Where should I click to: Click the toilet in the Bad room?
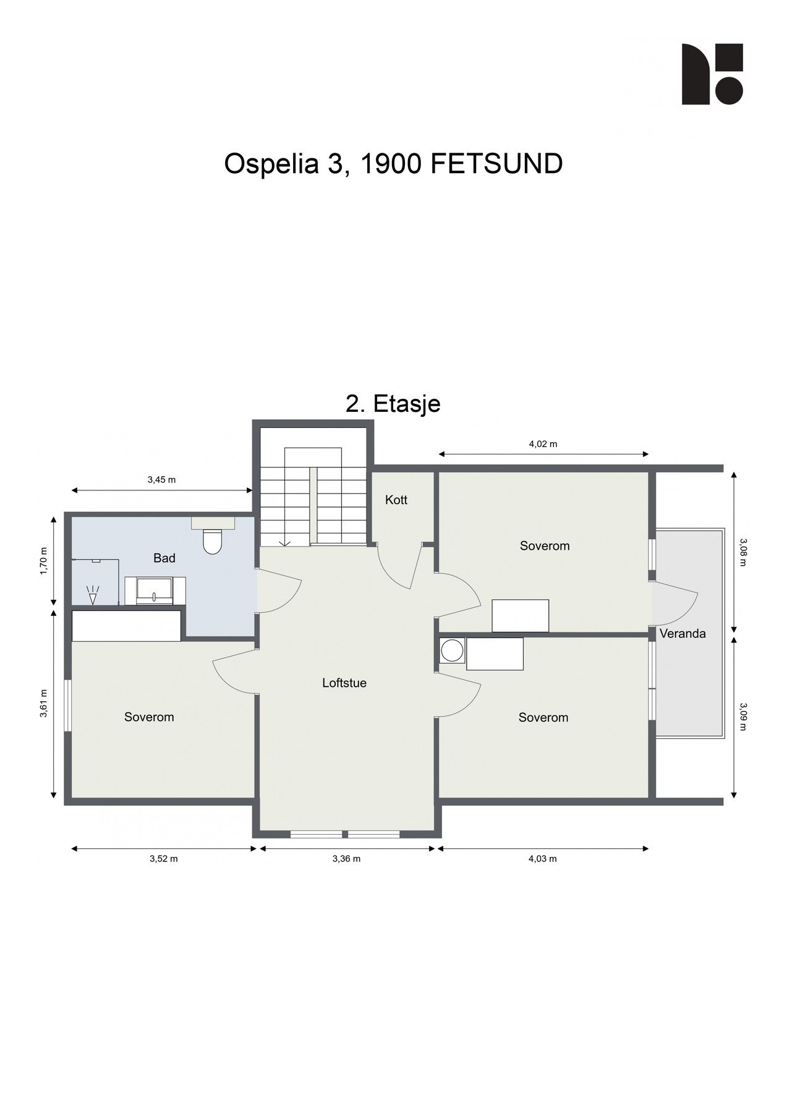(x=212, y=541)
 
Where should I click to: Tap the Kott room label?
(x=396, y=500)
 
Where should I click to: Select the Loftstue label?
(x=344, y=683)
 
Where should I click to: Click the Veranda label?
(x=683, y=633)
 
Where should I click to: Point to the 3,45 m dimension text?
(x=161, y=479)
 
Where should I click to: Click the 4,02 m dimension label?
(x=543, y=443)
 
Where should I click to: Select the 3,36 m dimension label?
(x=346, y=858)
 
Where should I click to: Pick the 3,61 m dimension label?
(x=43, y=704)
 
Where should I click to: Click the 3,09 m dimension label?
(x=743, y=716)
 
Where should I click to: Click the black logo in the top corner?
(x=712, y=74)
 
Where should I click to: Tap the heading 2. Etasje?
(x=393, y=403)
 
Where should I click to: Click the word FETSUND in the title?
(x=496, y=164)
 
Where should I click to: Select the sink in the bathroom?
(x=155, y=591)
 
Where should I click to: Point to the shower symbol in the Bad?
(x=93, y=595)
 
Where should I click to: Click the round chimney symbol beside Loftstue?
(x=452, y=650)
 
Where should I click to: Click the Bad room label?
(x=164, y=558)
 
